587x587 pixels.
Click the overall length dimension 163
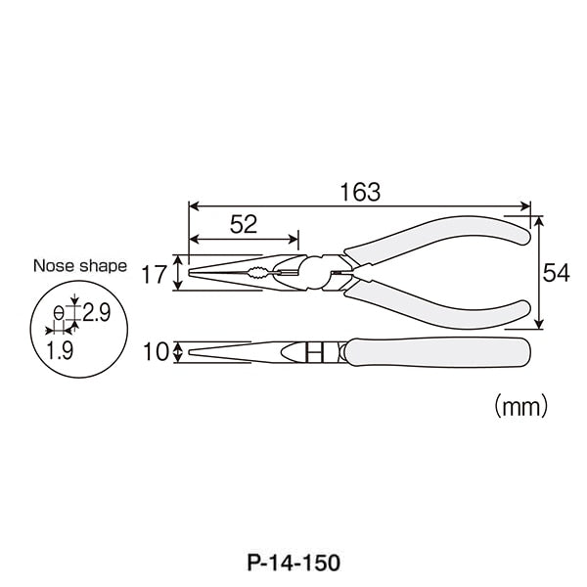[x=360, y=193]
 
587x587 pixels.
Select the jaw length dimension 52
[x=244, y=225]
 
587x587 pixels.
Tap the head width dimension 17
[x=154, y=274]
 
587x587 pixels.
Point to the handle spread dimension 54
[x=556, y=274]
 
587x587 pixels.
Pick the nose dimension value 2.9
[x=97, y=314]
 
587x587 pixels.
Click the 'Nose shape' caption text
[x=79, y=265]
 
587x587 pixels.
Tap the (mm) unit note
[x=519, y=403]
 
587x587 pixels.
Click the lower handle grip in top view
[x=440, y=302]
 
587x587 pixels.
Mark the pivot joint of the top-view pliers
[x=319, y=272]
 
